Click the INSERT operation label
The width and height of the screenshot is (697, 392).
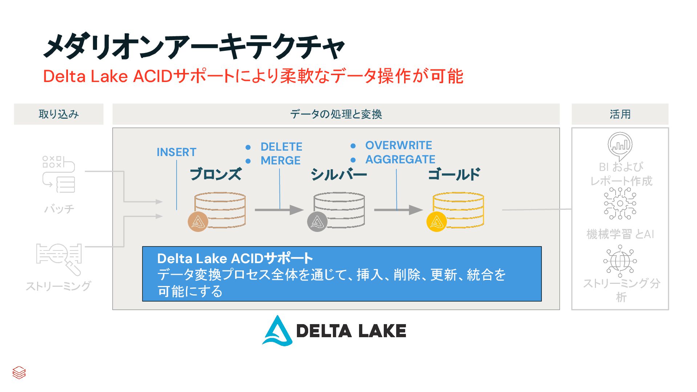tap(176, 152)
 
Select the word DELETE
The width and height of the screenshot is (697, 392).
tap(281, 147)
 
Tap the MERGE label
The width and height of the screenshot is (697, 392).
tap(280, 160)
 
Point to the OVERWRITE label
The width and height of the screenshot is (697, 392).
tap(398, 145)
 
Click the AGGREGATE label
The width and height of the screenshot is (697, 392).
tap(400, 159)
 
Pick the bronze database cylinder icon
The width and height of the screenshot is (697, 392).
tap(219, 211)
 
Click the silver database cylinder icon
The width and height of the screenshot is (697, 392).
tap(339, 211)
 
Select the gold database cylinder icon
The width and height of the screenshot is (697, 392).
tap(458, 211)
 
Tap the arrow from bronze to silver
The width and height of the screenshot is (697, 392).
tap(279, 210)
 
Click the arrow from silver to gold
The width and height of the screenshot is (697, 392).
tap(398, 210)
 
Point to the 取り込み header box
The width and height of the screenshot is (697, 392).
tap(59, 114)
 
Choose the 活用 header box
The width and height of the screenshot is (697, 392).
tap(620, 114)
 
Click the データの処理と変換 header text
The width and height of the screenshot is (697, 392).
tap(336, 114)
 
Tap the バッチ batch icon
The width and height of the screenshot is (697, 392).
tap(59, 175)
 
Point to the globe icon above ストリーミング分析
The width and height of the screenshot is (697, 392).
tap(620, 261)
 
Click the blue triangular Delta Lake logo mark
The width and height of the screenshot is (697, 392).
tap(277, 331)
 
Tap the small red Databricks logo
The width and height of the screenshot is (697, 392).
tap(19, 372)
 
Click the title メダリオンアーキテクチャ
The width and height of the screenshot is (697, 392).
tap(194, 46)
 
